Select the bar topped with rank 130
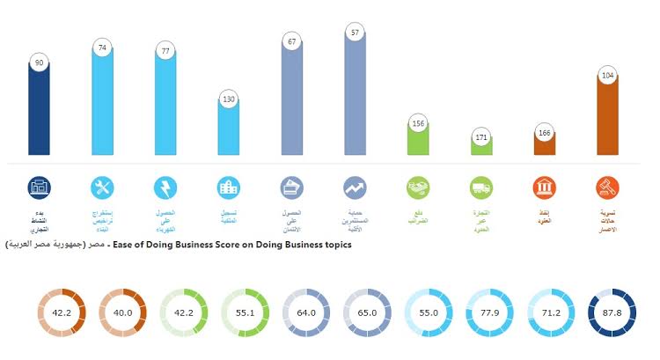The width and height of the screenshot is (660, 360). click(x=229, y=132)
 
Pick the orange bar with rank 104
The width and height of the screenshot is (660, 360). click(x=607, y=119)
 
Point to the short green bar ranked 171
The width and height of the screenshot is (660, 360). click(x=481, y=150)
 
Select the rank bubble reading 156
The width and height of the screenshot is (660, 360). click(x=418, y=123)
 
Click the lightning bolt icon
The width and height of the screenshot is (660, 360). click(x=165, y=187)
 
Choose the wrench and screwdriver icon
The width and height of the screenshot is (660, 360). click(x=103, y=187)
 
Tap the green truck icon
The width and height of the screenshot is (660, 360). click(x=481, y=187)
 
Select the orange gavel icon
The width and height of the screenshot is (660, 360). click(x=607, y=187)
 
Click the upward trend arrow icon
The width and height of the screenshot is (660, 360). click(x=356, y=187)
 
